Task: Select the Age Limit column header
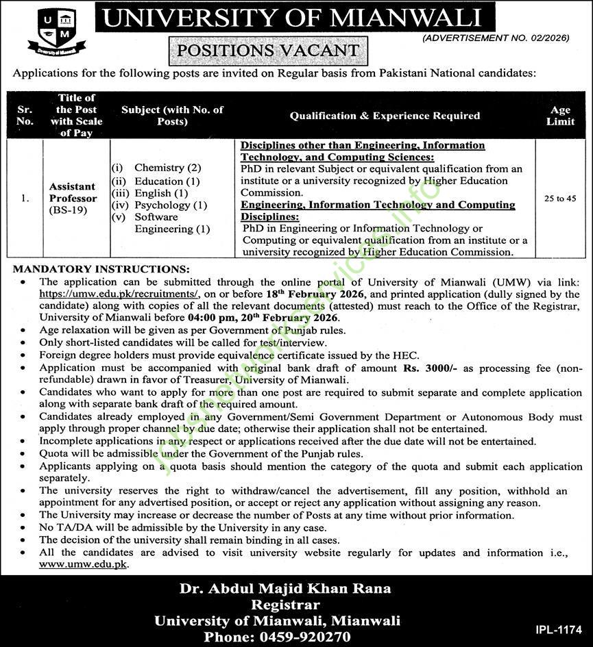[560, 116]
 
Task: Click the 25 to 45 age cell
[560, 199]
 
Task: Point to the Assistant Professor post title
[73, 192]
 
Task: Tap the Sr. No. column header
[25, 116]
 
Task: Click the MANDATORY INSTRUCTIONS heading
[101, 269]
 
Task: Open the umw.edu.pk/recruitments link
[119, 294]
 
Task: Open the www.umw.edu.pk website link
[83, 565]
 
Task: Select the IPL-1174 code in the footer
[558, 629]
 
